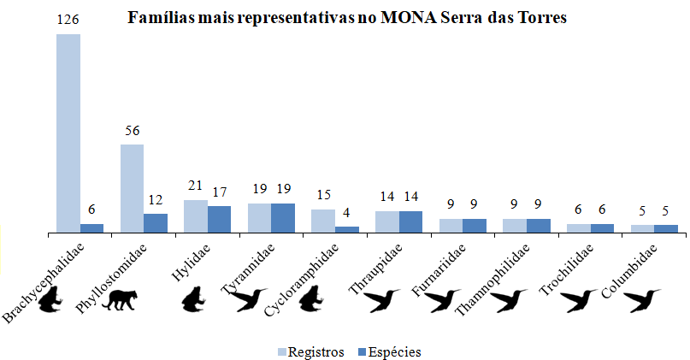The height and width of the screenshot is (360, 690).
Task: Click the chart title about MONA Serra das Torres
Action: tap(347, 19)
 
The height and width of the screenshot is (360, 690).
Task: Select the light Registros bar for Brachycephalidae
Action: tap(68, 133)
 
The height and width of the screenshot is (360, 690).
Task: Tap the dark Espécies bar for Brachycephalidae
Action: tap(91, 227)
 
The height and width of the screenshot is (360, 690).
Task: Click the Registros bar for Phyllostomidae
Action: tap(132, 188)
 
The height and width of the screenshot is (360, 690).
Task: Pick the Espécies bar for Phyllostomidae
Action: tap(156, 222)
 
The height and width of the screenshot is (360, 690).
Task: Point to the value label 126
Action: tap(68, 18)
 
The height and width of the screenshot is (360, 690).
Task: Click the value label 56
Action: tap(132, 131)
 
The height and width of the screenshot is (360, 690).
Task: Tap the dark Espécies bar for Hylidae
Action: tap(219, 219)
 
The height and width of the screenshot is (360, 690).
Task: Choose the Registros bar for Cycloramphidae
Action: tap(323, 221)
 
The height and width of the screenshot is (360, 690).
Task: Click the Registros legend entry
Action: tap(311, 351)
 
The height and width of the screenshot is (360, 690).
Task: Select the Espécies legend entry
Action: tap(389, 351)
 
